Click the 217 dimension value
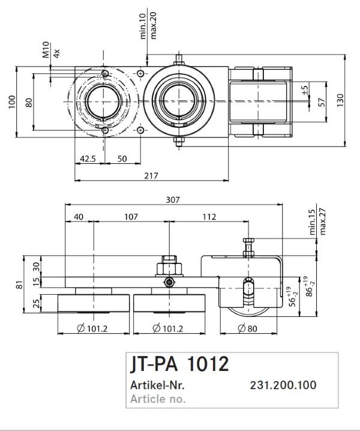tap(151, 176)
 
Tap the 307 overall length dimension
tap(173, 200)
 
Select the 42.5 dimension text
tap(88, 159)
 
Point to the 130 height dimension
tap(340, 100)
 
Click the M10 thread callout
tap(46, 50)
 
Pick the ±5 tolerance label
tap(305, 91)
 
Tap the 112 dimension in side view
tap(209, 217)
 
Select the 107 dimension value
tap(131, 217)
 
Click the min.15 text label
tap(312, 222)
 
